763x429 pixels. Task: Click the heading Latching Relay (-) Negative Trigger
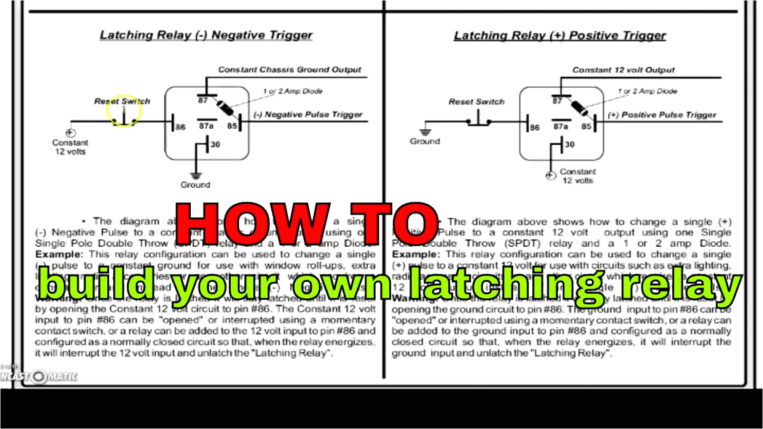click(x=206, y=35)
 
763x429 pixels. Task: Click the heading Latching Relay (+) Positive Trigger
click(x=560, y=36)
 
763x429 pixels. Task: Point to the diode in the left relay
click(x=225, y=108)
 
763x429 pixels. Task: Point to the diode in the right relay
click(x=580, y=108)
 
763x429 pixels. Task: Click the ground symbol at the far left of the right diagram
click(x=425, y=131)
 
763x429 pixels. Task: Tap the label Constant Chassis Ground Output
click(x=289, y=70)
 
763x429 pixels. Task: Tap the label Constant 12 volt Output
click(x=623, y=70)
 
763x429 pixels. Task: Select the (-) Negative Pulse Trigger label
click(x=308, y=115)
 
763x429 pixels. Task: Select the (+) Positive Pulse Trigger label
click(x=662, y=115)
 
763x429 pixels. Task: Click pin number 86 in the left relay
click(x=181, y=127)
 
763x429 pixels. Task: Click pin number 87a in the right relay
click(x=561, y=126)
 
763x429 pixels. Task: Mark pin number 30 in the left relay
click(x=215, y=144)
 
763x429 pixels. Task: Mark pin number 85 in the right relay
click(x=586, y=126)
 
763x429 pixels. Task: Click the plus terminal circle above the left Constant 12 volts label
click(x=71, y=133)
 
